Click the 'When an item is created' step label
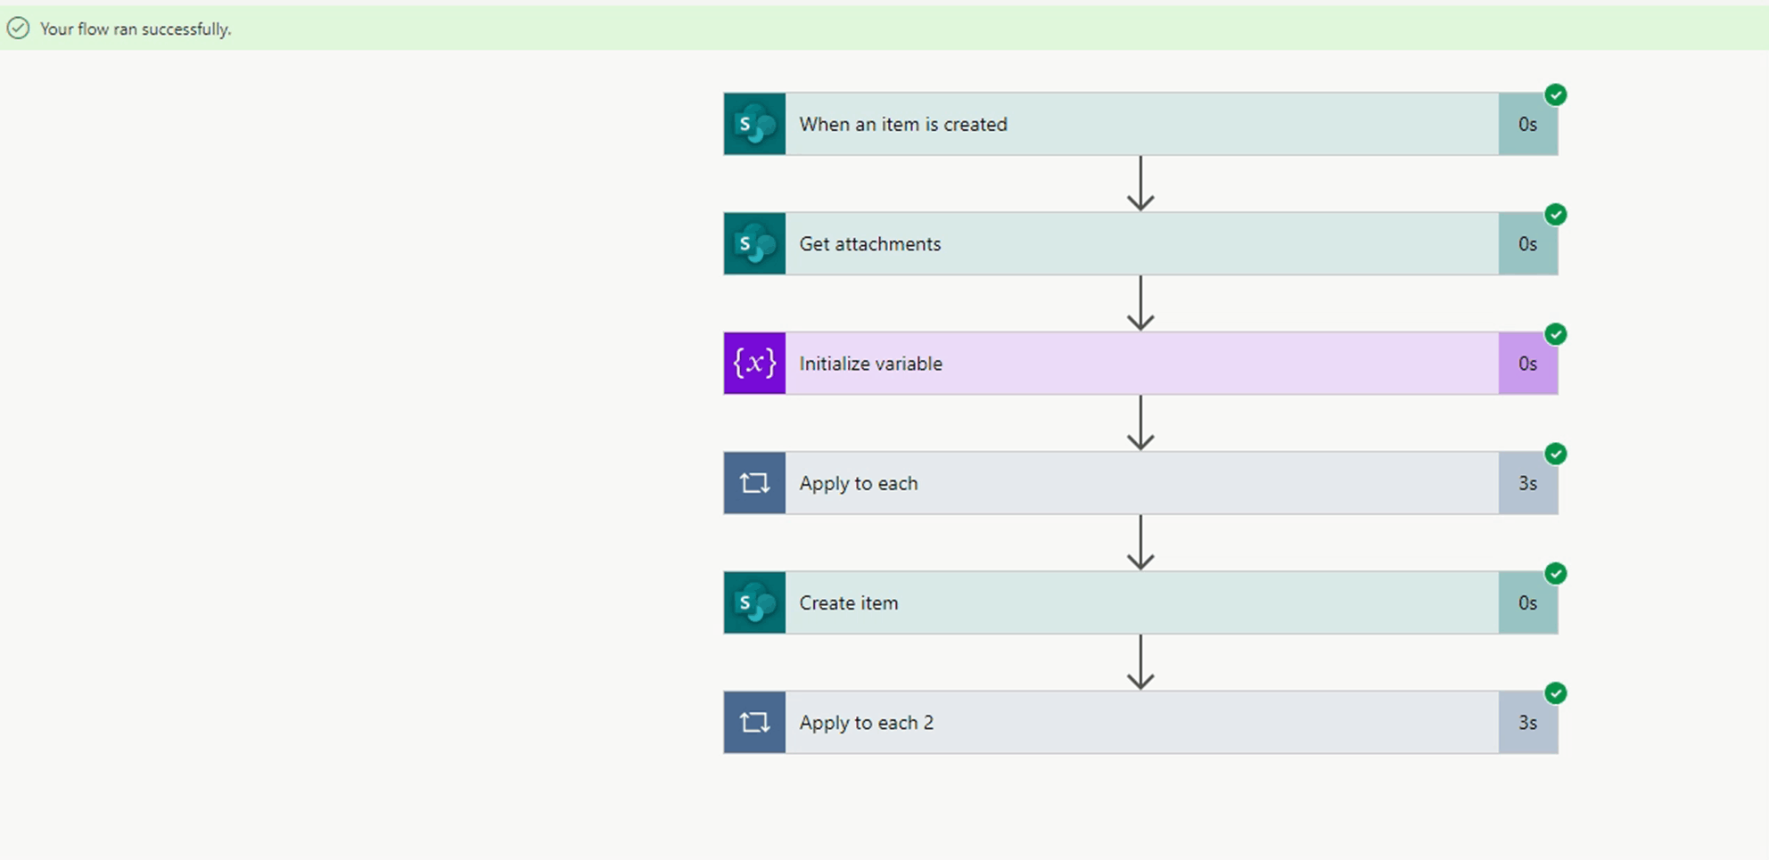point(902,124)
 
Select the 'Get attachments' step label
point(869,243)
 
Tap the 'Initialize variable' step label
point(870,364)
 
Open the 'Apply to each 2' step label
point(866,723)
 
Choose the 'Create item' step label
point(848,603)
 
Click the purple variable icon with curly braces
point(754,364)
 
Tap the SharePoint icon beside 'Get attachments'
point(754,243)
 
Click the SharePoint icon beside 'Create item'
point(754,603)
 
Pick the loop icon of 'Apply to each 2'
point(754,723)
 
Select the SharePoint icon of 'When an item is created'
point(754,124)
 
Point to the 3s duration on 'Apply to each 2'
point(1527,723)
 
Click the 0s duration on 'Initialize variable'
point(1527,364)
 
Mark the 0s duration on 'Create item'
point(1527,603)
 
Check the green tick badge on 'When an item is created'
point(1556,95)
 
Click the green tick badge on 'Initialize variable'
point(1556,334)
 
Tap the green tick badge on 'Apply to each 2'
point(1556,693)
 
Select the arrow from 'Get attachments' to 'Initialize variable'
point(1140,304)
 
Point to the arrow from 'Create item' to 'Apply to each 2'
point(1140,663)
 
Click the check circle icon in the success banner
point(18,29)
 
